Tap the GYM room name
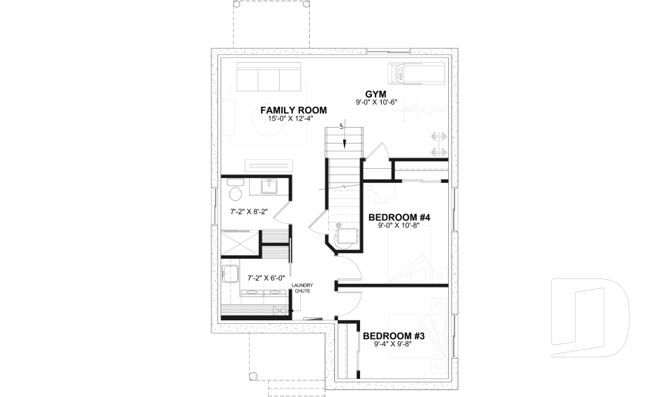point(375,93)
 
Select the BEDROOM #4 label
point(399,218)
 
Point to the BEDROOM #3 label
point(394,336)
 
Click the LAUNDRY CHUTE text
point(302,287)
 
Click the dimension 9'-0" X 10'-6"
point(375,103)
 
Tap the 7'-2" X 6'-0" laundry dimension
point(246,277)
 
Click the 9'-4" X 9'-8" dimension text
point(394,344)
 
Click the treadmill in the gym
point(416,72)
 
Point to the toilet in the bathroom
point(234,193)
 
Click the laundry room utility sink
point(230,274)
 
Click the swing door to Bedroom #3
point(349,301)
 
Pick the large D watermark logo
point(590,317)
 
